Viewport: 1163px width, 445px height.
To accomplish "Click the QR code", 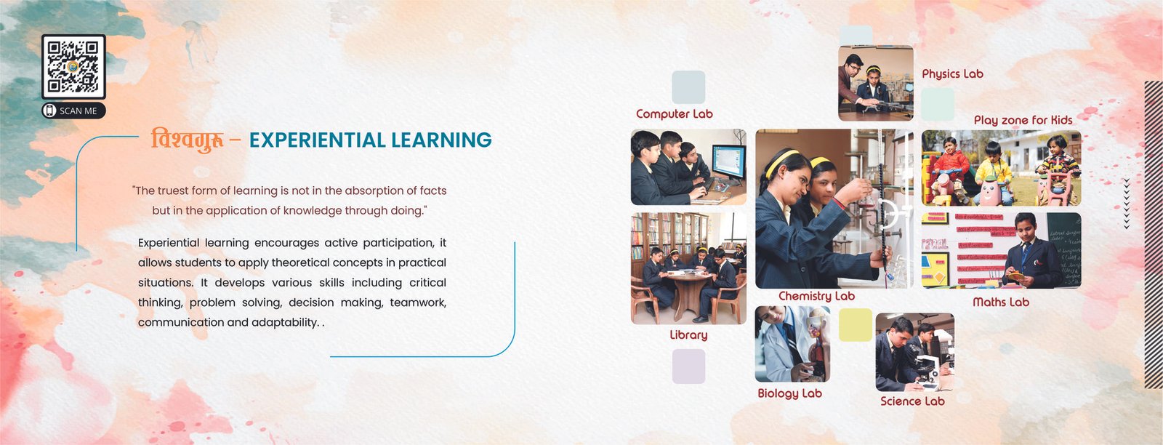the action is (x=73, y=66).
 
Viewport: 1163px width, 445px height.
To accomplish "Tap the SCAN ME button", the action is (x=73, y=111).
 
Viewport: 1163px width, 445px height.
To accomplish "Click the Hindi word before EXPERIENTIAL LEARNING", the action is (x=188, y=140).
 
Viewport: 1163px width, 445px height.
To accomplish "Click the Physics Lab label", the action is (x=952, y=74).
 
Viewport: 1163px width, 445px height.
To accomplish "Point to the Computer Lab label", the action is (x=674, y=113).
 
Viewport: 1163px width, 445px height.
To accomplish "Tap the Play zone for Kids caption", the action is (x=1023, y=120).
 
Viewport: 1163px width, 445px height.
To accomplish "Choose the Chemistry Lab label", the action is (x=816, y=296).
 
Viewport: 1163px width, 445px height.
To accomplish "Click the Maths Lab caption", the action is (x=1000, y=302).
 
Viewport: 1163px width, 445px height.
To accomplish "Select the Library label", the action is (x=688, y=335).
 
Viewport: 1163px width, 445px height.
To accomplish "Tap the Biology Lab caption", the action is (x=789, y=393).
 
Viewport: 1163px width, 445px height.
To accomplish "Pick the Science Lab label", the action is (x=912, y=401).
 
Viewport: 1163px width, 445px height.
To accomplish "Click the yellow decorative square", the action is (x=855, y=324).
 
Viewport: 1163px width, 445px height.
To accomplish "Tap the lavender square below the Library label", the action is (x=688, y=366).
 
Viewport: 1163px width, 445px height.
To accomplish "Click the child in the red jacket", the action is (x=950, y=169).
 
